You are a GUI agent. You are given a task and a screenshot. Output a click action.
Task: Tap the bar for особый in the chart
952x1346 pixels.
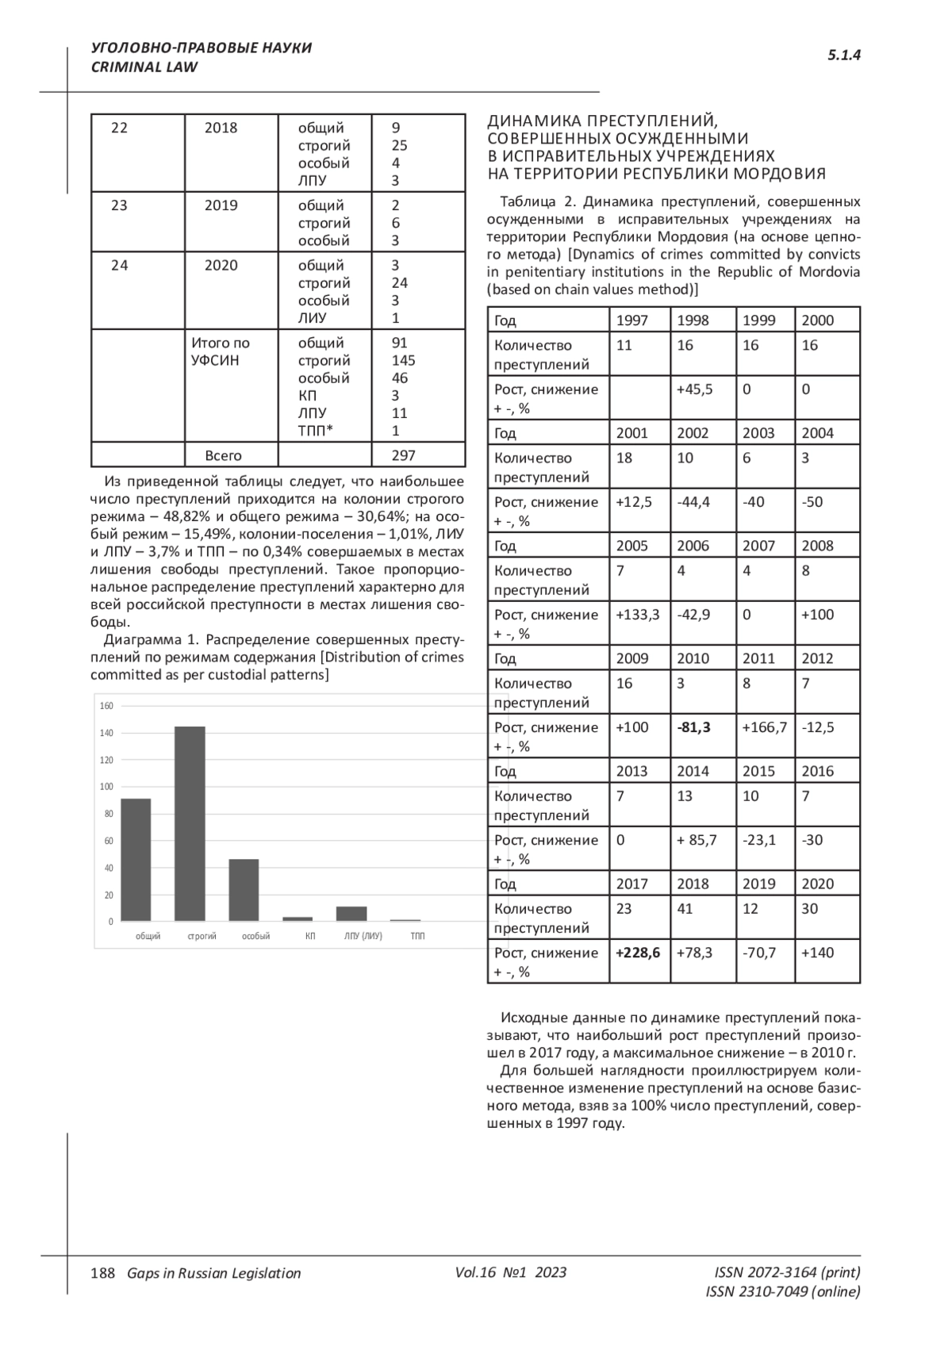pyautogui.click(x=244, y=889)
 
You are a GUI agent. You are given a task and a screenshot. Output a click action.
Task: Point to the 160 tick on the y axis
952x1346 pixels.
pyautogui.click(x=106, y=706)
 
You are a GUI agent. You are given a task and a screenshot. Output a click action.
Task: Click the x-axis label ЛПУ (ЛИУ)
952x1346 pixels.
pyautogui.click(x=363, y=936)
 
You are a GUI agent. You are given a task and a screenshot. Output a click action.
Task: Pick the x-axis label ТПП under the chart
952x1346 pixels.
pyautogui.click(x=417, y=936)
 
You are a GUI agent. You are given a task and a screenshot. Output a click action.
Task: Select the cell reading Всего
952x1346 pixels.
pyautogui.click(x=223, y=455)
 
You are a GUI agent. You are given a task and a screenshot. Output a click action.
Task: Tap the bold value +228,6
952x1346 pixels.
pyautogui.click(x=638, y=953)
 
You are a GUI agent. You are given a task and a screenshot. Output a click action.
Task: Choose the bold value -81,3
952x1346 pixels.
pyautogui.click(x=693, y=727)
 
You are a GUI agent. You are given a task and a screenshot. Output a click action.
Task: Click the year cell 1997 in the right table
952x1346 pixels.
pyautogui.click(x=631, y=320)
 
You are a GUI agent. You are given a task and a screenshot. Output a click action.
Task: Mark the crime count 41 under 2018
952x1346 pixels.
pyautogui.click(x=685, y=909)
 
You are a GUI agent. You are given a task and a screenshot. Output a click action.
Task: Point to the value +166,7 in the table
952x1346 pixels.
pyautogui.click(x=764, y=727)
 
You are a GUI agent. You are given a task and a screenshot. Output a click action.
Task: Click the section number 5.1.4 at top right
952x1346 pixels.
pyautogui.click(x=844, y=55)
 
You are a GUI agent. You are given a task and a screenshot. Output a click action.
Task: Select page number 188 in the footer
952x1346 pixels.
pyautogui.click(x=103, y=1273)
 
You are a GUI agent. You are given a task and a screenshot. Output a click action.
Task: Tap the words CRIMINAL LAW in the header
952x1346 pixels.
pyautogui.click(x=144, y=67)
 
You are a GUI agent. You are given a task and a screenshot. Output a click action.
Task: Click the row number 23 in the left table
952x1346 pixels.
pyautogui.click(x=119, y=205)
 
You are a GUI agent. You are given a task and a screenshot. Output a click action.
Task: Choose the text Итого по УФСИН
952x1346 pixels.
pyautogui.click(x=220, y=351)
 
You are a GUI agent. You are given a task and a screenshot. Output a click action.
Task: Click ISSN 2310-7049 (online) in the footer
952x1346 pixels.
pyautogui.click(x=782, y=1291)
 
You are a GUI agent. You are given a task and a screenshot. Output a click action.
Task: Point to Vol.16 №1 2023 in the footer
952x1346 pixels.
pyautogui.click(x=511, y=1272)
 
